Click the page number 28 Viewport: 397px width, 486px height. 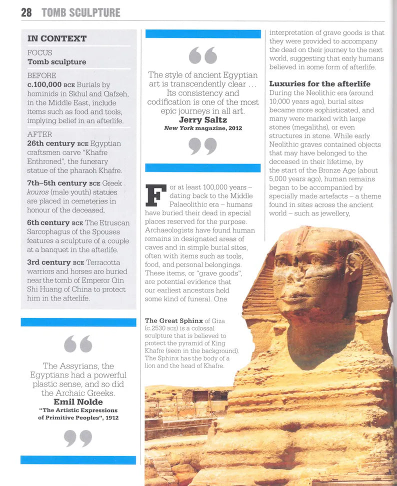pyautogui.click(x=26, y=12)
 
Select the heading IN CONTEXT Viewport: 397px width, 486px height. pyautogui.click(x=57, y=38)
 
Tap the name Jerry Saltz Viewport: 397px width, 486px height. pyautogui.click(x=202, y=120)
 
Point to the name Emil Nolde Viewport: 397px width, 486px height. pyautogui.click(x=78, y=402)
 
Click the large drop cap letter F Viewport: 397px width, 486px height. pyautogui.click(x=155, y=195)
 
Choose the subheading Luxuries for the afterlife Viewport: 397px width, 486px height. pyautogui.click(x=320, y=83)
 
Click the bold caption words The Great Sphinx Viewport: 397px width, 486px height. pyautogui.click(x=173, y=320)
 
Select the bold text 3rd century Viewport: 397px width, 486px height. pyautogui.click(x=48, y=262)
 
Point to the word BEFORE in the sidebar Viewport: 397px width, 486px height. pyautogui.click(x=42, y=75)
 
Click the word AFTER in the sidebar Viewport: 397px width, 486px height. pyautogui.click(x=39, y=134)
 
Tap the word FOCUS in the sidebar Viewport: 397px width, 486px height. pyautogui.click(x=40, y=52)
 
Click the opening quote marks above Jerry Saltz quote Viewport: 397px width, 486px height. pyautogui.click(x=202, y=55)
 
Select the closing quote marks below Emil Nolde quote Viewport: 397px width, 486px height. pyautogui.click(x=78, y=438)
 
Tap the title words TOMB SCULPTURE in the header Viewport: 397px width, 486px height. pyautogui.click(x=80, y=12)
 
